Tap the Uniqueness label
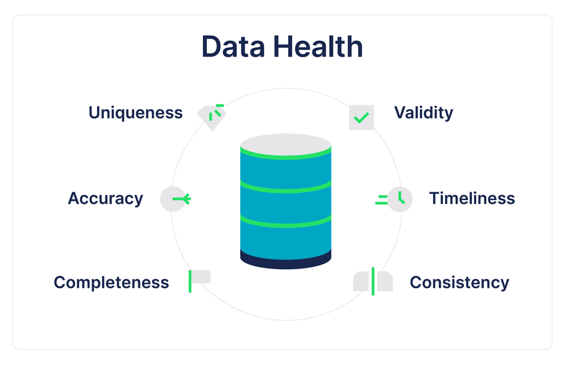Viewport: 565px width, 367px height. click(136, 113)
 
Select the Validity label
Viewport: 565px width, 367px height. click(423, 113)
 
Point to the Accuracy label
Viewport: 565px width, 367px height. click(106, 198)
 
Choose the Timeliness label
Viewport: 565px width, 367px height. click(472, 198)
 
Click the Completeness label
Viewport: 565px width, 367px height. click(111, 282)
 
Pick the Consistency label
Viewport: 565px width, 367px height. click(459, 282)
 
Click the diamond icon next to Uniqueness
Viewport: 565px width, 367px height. click(211, 116)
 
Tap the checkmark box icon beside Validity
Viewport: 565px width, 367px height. click(361, 118)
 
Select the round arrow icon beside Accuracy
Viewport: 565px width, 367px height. click(173, 199)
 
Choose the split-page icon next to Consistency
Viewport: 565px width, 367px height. click(373, 281)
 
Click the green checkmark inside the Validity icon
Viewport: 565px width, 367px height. click(360, 118)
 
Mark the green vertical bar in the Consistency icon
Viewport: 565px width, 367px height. click(373, 281)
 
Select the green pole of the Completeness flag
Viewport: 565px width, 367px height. click(190, 281)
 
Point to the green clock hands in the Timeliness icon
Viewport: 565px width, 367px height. click(401, 198)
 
